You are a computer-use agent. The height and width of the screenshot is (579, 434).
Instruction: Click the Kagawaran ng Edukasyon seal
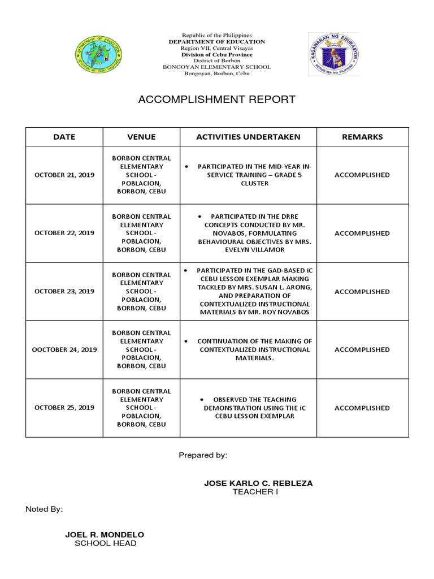point(333,54)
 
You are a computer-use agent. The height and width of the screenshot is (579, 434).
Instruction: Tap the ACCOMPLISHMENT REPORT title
point(217,100)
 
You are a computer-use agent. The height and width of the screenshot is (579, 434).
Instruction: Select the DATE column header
point(64,137)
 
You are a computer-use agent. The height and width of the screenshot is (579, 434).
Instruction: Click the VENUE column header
point(141,137)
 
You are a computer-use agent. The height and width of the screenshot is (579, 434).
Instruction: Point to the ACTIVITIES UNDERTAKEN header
point(248,137)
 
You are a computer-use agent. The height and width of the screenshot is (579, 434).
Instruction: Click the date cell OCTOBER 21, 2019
point(64,175)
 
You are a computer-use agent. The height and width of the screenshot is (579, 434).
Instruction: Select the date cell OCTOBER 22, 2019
point(64,233)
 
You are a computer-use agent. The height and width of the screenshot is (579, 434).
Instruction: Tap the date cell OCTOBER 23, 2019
point(64,292)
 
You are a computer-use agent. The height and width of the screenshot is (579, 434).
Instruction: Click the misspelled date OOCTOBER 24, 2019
point(64,349)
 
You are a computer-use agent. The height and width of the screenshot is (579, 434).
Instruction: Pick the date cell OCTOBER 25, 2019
point(64,408)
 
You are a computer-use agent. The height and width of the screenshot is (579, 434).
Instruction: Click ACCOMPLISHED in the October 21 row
point(362,175)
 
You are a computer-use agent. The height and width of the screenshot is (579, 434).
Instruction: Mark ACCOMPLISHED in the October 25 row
point(362,408)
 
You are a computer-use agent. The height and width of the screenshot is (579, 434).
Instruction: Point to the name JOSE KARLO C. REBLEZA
point(258,483)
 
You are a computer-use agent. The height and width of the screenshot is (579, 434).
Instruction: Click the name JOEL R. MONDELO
point(105,534)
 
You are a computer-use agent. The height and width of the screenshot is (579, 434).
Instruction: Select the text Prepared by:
point(203,455)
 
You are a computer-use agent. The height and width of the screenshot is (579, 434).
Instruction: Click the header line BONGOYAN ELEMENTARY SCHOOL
point(217,67)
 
